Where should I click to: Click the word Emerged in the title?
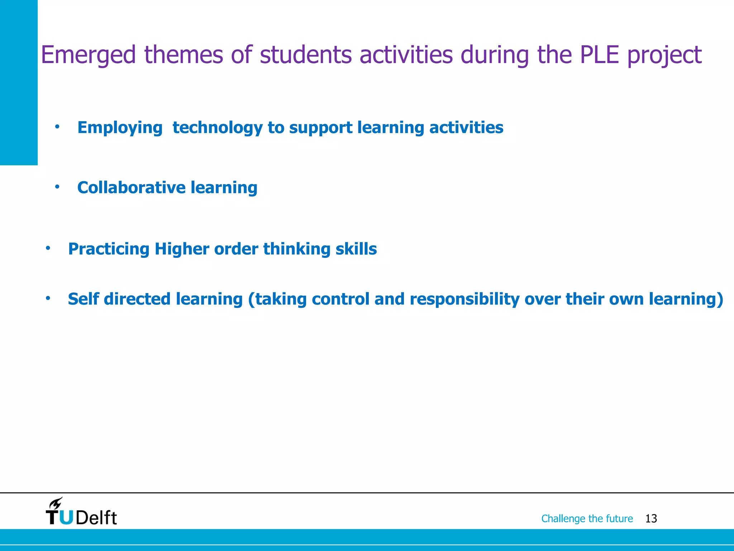point(88,56)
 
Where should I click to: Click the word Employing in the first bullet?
point(120,128)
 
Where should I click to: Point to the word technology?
point(218,128)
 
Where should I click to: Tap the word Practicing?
point(109,249)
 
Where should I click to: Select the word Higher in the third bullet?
point(182,249)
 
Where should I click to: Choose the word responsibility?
point(464,300)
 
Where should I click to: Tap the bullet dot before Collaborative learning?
point(57,187)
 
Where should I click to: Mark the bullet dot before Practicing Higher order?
point(48,248)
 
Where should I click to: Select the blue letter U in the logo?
point(66,517)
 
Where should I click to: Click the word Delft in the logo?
point(96,518)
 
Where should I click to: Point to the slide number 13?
point(651,519)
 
